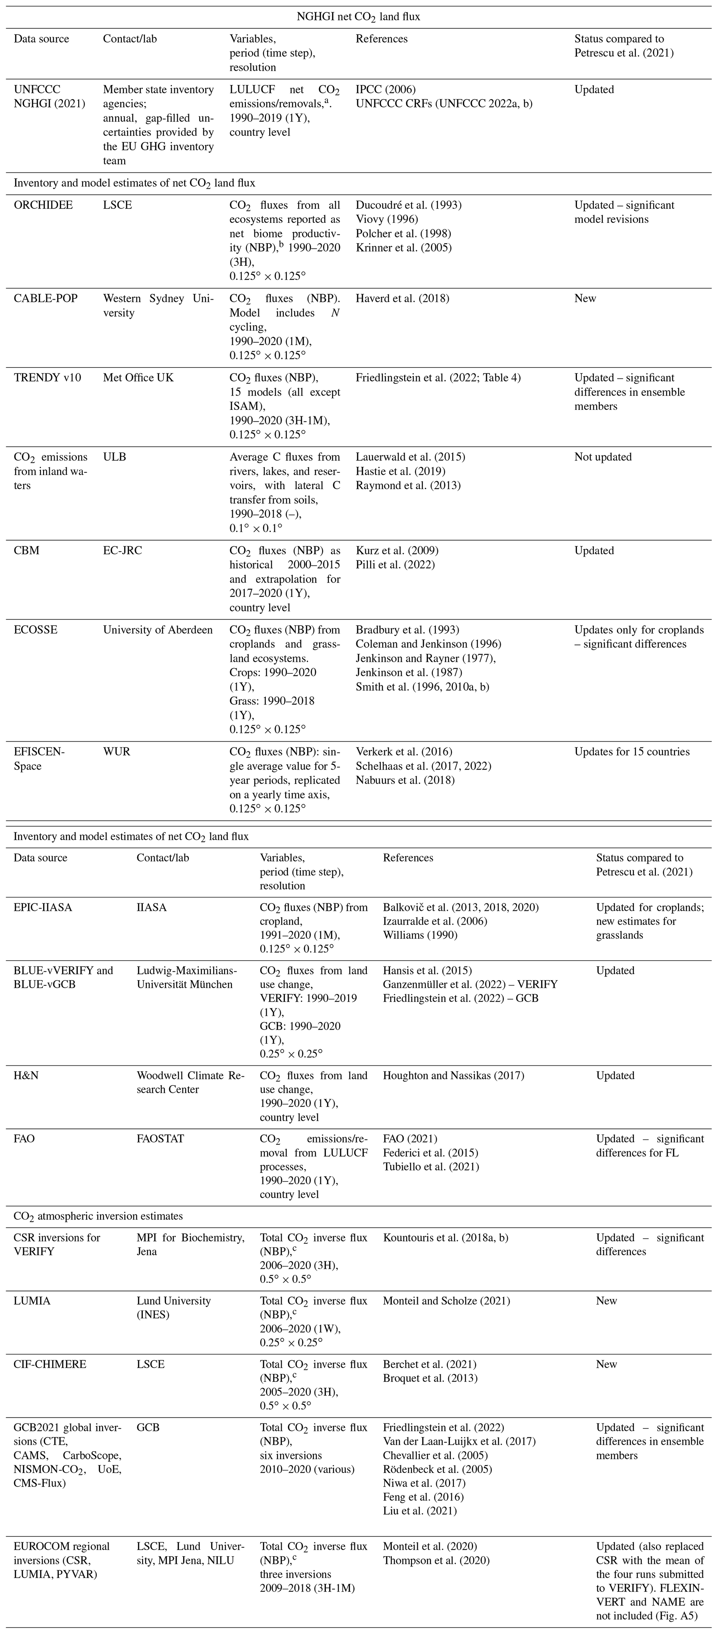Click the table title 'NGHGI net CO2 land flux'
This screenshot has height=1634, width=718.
click(359, 17)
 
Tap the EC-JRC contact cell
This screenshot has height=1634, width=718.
click(123, 550)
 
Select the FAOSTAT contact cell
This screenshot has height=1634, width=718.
click(160, 1139)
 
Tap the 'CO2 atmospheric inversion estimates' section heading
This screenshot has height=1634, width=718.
click(98, 1216)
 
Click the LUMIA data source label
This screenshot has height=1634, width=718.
click(32, 1301)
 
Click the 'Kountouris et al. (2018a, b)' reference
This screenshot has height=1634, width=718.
click(446, 1238)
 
